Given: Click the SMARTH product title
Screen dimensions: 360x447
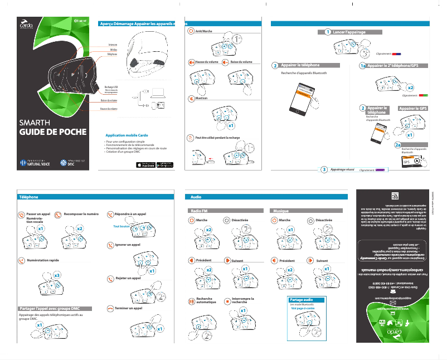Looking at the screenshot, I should pyautogui.click(x=35, y=124).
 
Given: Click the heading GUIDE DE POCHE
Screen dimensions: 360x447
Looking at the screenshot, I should pyautogui.click(x=53, y=133).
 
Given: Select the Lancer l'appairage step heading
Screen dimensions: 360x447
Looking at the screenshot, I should pyautogui.click(x=349, y=32).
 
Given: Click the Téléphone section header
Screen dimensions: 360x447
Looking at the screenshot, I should pyautogui.click(x=29, y=197).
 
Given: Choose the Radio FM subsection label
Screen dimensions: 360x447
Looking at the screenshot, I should pyautogui.click(x=200, y=211).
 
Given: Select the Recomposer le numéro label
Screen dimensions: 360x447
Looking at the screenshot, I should pyautogui.click(x=81, y=213).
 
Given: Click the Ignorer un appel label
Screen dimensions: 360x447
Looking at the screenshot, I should pyautogui.click(x=127, y=245).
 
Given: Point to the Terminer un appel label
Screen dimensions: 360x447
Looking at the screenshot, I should pyautogui.click(x=128, y=308).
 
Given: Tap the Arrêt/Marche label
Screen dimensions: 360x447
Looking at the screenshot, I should pyautogui.click(x=204, y=32).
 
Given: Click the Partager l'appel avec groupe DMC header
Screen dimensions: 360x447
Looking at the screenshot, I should pyautogui.click(x=57, y=308).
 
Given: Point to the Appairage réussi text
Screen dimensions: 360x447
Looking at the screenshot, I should pyautogui.click(x=343, y=169).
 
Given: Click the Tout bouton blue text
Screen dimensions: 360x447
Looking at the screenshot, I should pyautogui.click(x=121, y=227).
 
